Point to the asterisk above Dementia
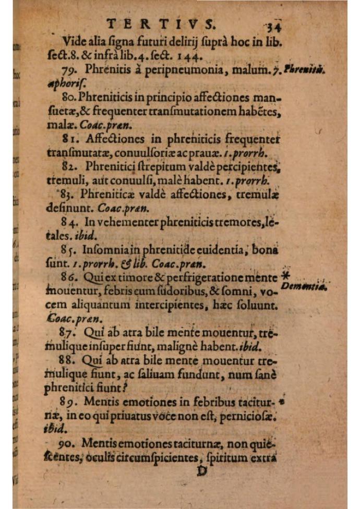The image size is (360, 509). pyautogui.click(x=285, y=275)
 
